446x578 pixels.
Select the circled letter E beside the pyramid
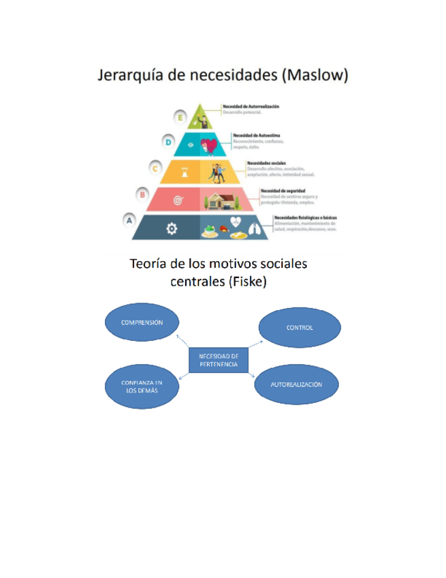[x=180, y=117]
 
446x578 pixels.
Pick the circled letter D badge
[x=169, y=142]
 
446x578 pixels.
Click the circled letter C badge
[x=156, y=168]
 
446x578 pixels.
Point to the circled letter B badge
[x=142, y=194]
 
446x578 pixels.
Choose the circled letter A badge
[x=128, y=220]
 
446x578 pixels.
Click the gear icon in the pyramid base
[x=171, y=229]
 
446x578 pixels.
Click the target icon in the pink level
[x=178, y=200]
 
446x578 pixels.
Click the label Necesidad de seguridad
[x=283, y=190]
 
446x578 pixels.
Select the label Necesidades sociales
[x=266, y=163]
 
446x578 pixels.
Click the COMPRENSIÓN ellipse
[x=142, y=322]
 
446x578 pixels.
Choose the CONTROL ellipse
[x=300, y=327]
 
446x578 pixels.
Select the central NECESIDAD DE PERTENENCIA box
[x=218, y=360]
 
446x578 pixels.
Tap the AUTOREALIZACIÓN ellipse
[x=296, y=384]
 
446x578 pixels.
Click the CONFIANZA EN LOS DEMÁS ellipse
[x=142, y=386]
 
